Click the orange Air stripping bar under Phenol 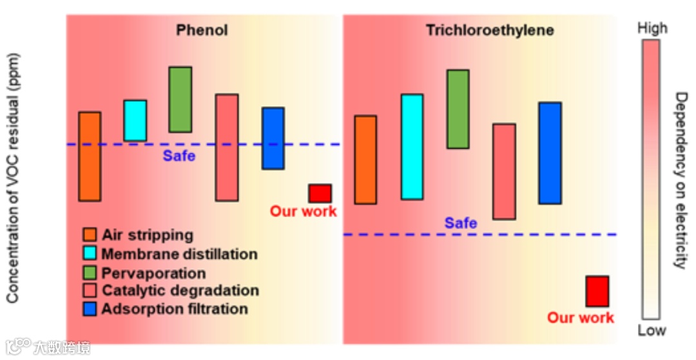(90, 156)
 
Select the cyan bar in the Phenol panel (135, 120)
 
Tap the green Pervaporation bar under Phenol (180, 99)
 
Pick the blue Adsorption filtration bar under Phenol (273, 138)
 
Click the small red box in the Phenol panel (320, 193)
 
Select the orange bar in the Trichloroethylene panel (365, 160)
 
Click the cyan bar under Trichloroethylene (412, 147)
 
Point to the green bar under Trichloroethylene (458, 109)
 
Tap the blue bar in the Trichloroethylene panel (550, 153)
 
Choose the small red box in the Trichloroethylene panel (597, 291)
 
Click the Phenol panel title (202, 30)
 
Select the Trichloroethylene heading (490, 30)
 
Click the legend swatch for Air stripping (90, 235)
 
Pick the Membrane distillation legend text (179, 254)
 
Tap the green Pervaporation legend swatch (90, 272)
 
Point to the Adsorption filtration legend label (175, 309)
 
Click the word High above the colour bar (652, 28)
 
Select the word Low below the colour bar (652, 330)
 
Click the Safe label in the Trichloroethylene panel (461, 223)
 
